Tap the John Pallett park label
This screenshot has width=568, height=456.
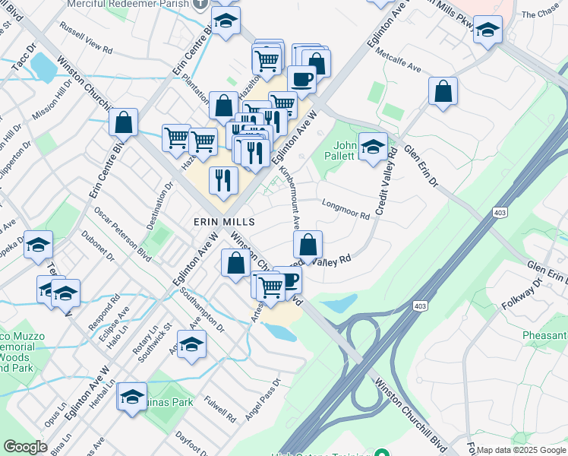(345, 150)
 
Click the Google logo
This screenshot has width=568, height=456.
(25, 447)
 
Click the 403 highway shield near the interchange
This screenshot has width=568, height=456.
(420, 306)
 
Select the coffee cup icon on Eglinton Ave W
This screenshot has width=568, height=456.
(301, 79)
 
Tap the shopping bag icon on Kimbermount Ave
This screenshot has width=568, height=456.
(308, 245)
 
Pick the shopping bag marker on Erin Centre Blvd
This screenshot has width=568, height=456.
(123, 122)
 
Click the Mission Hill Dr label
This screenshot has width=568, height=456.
(52, 100)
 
